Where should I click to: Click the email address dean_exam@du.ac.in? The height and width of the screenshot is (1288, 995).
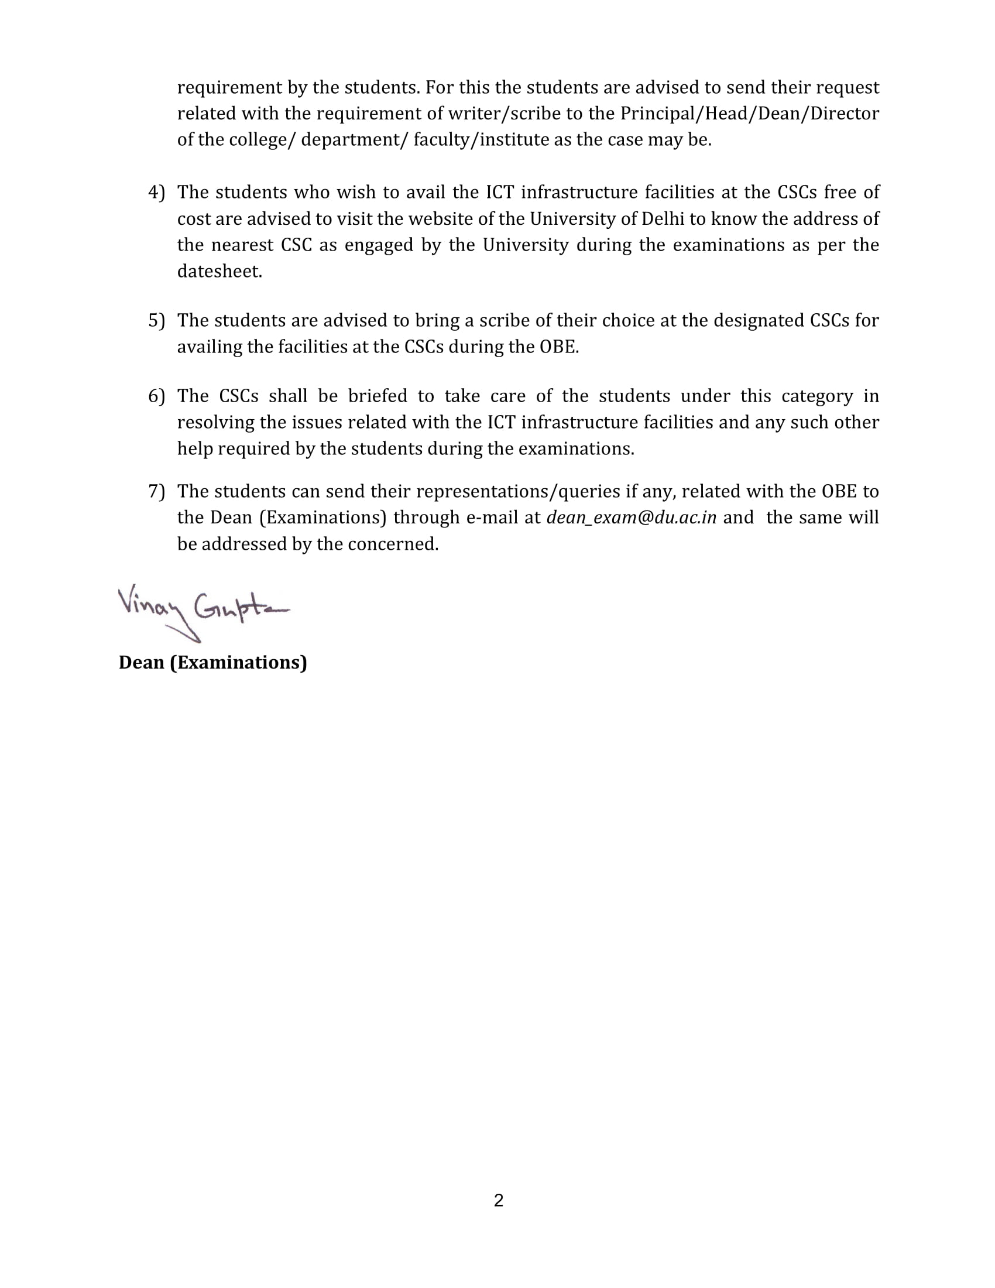click(632, 517)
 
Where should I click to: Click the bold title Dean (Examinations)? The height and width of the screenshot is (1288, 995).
click(213, 662)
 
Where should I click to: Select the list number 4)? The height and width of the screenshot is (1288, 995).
click(156, 192)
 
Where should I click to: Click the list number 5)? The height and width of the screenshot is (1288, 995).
click(156, 320)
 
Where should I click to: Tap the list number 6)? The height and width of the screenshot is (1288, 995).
click(156, 396)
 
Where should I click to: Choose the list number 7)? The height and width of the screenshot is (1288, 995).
click(156, 491)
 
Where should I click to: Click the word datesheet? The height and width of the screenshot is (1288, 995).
click(219, 271)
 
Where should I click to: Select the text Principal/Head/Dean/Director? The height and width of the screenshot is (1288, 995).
click(749, 113)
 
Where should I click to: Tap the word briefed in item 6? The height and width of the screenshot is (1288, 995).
click(378, 396)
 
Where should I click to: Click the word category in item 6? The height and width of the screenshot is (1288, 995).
click(817, 396)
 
